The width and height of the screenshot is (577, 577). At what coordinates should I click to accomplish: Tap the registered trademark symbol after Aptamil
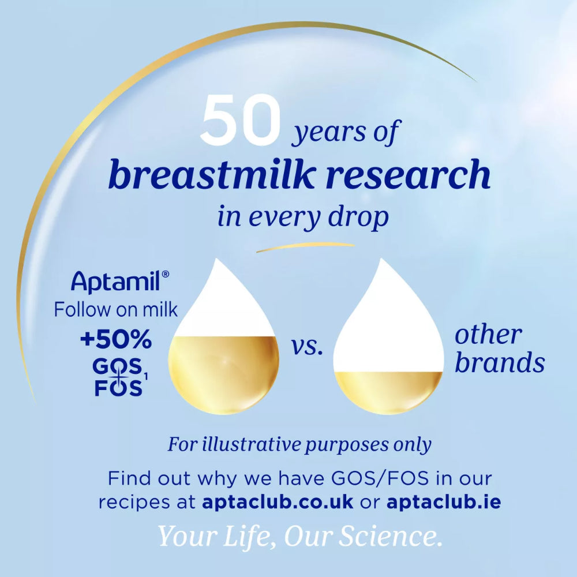[x=166, y=275]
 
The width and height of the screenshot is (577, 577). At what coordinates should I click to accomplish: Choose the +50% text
[x=116, y=340]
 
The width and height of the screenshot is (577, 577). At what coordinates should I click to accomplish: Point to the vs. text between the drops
[x=307, y=349]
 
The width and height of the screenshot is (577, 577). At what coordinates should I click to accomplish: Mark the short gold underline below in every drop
[x=305, y=248]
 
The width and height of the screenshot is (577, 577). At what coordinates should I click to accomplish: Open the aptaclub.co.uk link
[x=278, y=501]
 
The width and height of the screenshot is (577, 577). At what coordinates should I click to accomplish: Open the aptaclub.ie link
[x=443, y=501]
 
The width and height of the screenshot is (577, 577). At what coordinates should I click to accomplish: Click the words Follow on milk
[x=115, y=309]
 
